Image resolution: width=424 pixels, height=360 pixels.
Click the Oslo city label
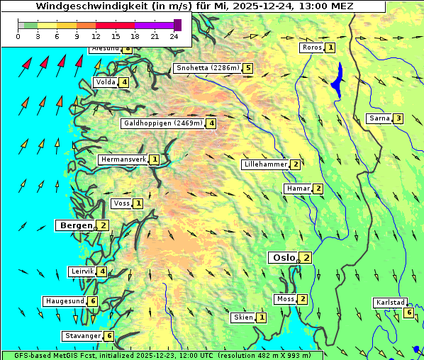284,258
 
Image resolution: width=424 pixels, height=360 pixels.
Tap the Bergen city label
74,225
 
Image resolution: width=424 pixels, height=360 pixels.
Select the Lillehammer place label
266,164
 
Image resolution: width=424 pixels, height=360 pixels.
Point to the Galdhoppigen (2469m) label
163,123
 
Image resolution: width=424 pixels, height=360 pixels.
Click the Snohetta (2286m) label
207,69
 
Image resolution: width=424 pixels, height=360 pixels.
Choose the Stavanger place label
82,336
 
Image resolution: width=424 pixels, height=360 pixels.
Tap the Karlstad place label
389,303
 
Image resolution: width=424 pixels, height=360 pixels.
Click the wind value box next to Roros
330,47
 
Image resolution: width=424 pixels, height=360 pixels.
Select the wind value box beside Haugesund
93,301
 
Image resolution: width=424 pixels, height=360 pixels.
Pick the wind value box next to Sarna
398,118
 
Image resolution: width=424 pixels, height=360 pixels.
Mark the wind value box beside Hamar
318,189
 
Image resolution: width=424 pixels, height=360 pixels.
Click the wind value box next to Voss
138,204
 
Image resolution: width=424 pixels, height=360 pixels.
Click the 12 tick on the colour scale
96,35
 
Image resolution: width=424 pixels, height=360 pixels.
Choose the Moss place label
286,299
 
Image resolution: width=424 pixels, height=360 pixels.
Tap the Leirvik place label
82,271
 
